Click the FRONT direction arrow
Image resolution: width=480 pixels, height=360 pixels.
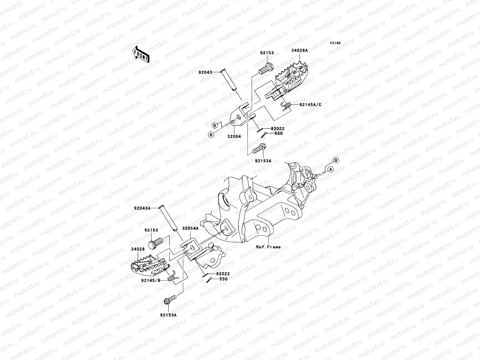point(145,55)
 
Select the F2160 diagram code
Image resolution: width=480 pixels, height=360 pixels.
point(335,43)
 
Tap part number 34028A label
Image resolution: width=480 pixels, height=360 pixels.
point(299,51)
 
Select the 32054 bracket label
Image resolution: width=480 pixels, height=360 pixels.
point(234,136)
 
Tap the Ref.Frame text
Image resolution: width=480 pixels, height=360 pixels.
point(268,247)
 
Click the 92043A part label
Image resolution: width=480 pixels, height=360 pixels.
point(142,208)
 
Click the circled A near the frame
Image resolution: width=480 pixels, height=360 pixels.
point(331,169)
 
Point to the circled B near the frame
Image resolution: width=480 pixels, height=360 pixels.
point(336,160)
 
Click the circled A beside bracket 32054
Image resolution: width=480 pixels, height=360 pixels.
point(211,134)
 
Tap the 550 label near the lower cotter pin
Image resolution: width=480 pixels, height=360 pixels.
point(223,279)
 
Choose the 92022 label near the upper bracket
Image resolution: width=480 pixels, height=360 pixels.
point(277,128)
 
